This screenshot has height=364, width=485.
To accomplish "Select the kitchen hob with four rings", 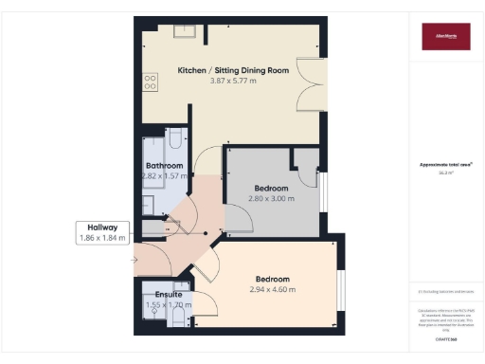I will coord(150,82).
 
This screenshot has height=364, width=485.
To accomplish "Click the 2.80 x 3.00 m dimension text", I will coord(272,198).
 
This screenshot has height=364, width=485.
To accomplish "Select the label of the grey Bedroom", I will coord(272,188).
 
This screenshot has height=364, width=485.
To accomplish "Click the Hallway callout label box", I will coord(102,233).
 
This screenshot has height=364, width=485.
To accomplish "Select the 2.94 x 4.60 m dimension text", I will coord(272,289).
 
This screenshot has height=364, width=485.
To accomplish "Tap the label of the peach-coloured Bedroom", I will coord(272,279).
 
